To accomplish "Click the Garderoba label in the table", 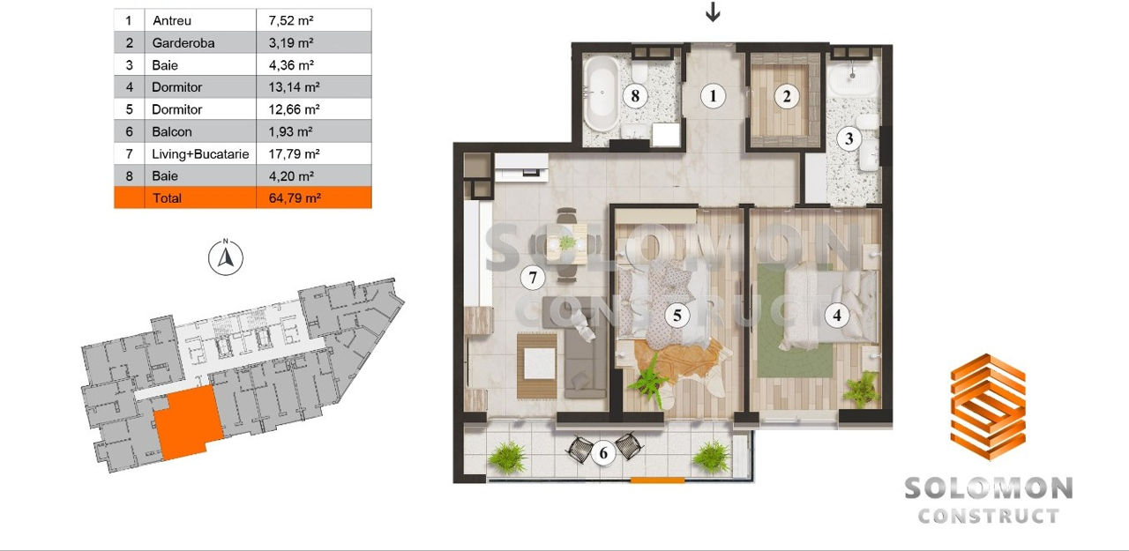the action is click(x=183, y=43).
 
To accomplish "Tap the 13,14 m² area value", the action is click(x=294, y=87).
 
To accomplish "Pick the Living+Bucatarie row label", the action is click(x=200, y=153).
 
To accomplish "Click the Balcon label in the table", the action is click(x=172, y=131).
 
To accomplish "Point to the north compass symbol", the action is click(x=226, y=257).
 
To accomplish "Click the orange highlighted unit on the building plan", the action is click(x=188, y=422).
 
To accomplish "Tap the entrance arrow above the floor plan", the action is click(x=712, y=11).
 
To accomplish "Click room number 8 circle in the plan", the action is click(x=635, y=96).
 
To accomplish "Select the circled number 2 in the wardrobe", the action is click(x=787, y=96).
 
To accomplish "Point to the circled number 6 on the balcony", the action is click(x=603, y=453).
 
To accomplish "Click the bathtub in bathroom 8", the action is click(x=602, y=93).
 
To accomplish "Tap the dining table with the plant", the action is click(x=567, y=244).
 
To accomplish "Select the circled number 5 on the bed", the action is click(x=677, y=316).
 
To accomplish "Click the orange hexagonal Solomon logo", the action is click(x=988, y=406).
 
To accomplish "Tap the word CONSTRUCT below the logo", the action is click(x=988, y=517).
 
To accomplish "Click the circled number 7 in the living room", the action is click(x=533, y=278).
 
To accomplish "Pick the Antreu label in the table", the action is click(x=172, y=20).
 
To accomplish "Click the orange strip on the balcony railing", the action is click(x=657, y=480).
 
